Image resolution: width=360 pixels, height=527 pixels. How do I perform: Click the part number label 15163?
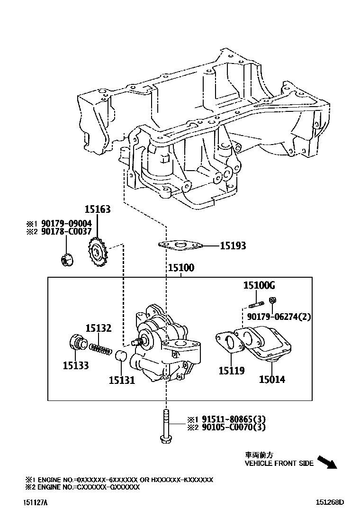pos(98,209)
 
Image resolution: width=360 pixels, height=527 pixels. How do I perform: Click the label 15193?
pos(233,246)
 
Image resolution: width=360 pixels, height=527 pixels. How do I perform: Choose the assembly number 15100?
pos(181,268)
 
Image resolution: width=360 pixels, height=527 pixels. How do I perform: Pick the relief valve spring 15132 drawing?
pos(100,348)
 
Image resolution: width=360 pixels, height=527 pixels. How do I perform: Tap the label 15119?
pos(232,371)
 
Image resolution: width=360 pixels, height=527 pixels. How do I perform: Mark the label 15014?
pos(272,379)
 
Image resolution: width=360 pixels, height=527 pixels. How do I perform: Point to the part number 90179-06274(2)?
pos(279,316)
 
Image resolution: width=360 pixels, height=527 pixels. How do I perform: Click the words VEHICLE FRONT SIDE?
pos(279,463)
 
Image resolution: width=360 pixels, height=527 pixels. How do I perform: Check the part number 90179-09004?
pos(66,223)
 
